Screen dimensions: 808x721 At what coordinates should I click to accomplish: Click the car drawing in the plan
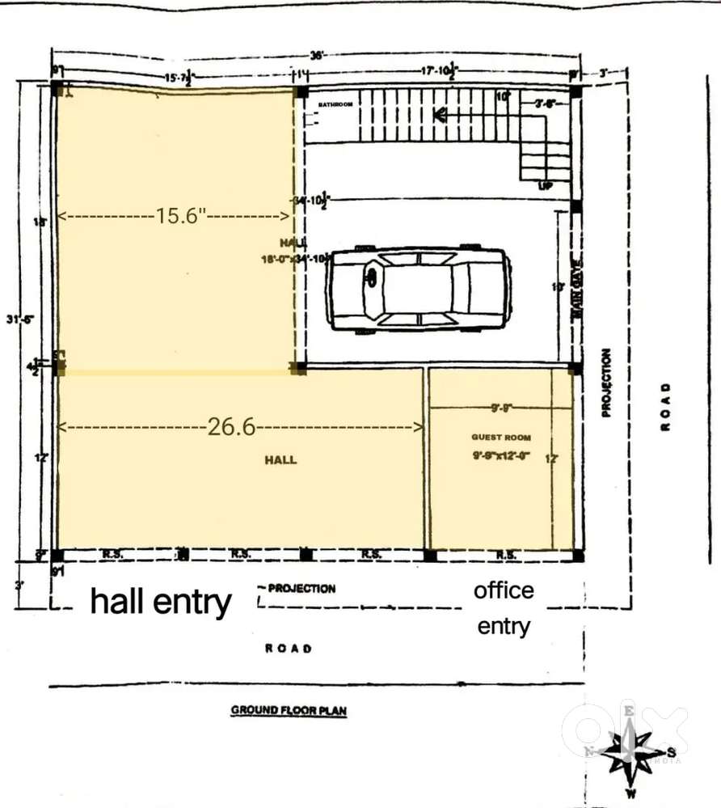pos(420,289)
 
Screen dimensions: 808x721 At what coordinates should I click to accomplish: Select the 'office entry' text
pos(504,607)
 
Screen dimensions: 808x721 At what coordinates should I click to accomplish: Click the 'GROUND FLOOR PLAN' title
pos(289,711)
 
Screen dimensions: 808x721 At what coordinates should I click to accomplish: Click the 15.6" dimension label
pos(182,216)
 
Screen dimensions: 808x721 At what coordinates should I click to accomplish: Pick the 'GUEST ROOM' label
pos(501,437)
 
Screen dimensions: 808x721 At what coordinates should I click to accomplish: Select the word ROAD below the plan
pos(289,648)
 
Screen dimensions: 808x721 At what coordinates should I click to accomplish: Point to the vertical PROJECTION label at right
pos(607,383)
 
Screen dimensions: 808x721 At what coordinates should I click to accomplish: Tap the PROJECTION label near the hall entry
pos(301,588)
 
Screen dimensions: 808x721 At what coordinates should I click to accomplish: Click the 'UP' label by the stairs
pos(546,186)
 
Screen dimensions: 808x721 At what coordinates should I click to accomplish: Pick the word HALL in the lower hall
pos(280,459)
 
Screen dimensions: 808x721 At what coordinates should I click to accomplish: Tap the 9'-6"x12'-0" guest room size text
pos(501,455)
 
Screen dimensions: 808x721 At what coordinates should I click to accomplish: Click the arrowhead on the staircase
pos(441,116)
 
